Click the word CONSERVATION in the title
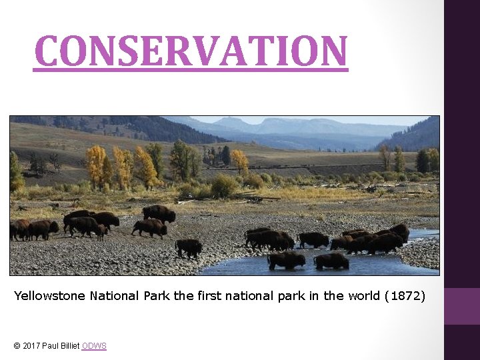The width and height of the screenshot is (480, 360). (191, 51)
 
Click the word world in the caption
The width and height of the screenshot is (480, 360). (364, 295)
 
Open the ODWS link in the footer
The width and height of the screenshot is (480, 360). (94, 345)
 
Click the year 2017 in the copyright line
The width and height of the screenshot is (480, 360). (31, 345)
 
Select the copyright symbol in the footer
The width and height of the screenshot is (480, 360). (17, 345)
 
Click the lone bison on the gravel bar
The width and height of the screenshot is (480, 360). (189, 247)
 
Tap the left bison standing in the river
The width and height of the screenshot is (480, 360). (287, 260)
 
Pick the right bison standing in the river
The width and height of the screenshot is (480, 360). (331, 261)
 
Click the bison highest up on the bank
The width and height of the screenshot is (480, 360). (159, 213)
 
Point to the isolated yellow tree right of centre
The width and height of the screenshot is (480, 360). (239, 161)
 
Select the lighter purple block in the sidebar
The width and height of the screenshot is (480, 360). (462, 306)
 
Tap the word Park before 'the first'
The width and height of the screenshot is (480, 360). (157, 295)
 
